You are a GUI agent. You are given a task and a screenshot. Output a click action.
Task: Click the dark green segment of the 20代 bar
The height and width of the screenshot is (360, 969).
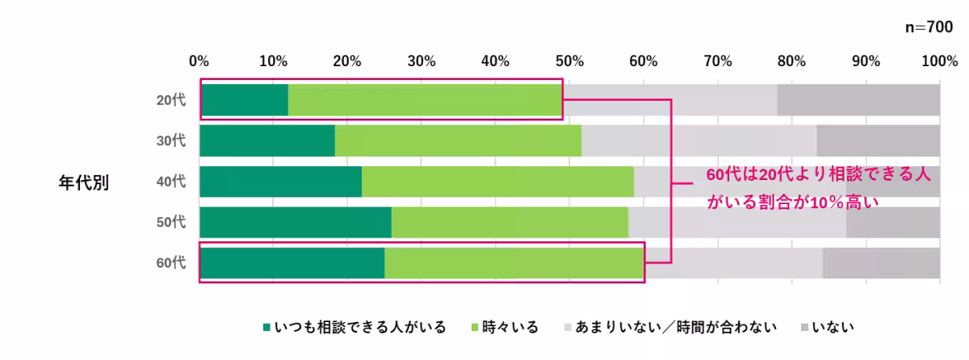point(244,99)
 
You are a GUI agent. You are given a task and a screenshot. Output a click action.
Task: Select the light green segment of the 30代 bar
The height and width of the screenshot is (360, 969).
point(457,140)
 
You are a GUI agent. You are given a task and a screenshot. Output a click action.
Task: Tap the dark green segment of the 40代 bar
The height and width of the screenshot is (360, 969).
point(280,182)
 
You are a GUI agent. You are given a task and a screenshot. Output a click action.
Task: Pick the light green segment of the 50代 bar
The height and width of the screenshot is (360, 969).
point(510,222)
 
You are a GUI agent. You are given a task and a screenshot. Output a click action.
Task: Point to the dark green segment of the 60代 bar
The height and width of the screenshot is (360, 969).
point(292,263)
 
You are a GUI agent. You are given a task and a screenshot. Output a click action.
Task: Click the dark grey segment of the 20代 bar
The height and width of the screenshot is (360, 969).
point(858,99)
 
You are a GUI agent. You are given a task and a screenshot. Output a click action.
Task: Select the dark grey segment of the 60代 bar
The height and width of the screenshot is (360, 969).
point(881,263)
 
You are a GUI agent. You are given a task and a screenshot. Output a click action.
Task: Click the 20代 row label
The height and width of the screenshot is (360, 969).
point(171,100)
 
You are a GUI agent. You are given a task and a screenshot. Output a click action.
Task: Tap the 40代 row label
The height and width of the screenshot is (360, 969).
point(171,182)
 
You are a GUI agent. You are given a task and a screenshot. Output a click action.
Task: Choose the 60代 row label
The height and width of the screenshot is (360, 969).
point(171,263)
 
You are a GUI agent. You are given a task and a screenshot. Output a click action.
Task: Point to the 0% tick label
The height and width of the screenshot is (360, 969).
point(199,61)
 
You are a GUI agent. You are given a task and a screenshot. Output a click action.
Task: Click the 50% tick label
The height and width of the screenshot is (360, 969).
point(569,61)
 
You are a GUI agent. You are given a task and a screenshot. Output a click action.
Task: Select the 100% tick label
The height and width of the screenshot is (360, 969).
point(939,61)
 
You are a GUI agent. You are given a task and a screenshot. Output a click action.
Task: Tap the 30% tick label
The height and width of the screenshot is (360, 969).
point(422,61)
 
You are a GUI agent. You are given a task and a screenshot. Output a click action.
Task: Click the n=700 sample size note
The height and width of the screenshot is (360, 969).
point(929,27)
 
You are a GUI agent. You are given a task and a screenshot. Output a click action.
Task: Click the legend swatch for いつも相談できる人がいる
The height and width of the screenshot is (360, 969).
point(267,328)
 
